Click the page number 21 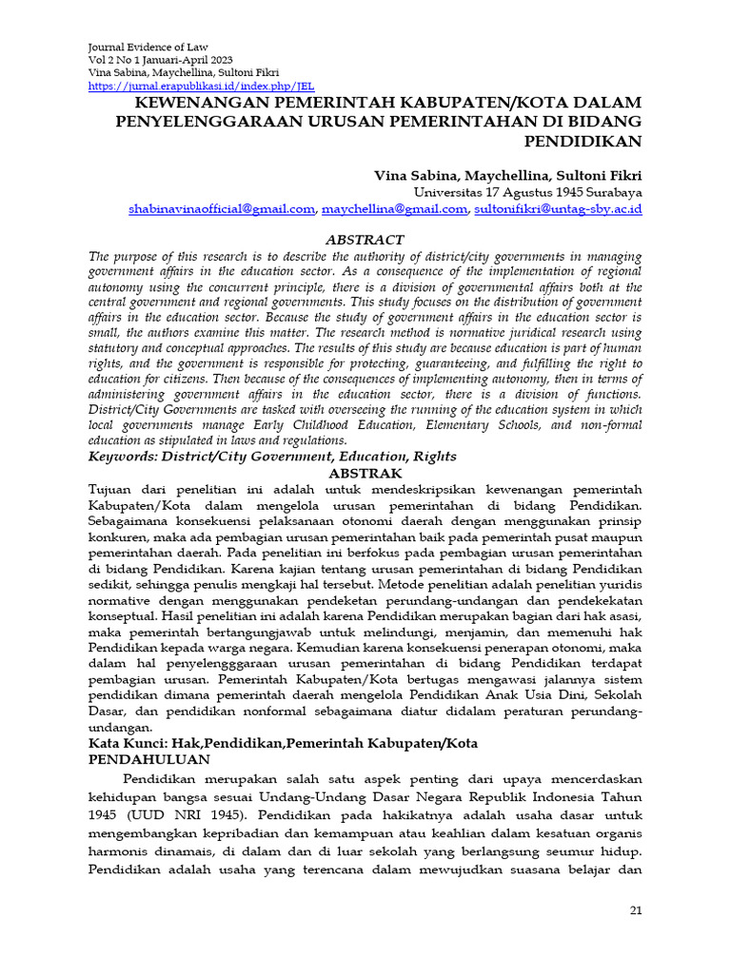(x=637, y=910)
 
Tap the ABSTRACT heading (x=365, y=240)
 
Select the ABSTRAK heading (x=365, y=473)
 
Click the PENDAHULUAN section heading (x=156, y=761)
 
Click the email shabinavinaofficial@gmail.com (x=222, y=208)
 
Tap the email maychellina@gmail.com (x=394, y=208)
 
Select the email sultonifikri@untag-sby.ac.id (x=558, y=208)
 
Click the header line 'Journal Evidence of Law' (x=148, y=47)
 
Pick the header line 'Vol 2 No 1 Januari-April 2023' (x=161, y=59)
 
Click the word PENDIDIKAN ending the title (x=583, y=142)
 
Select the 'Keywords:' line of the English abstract (x=272, y=457)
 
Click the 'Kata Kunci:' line (x=283, y=743)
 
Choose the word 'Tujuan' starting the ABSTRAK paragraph (x=112, y=489)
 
